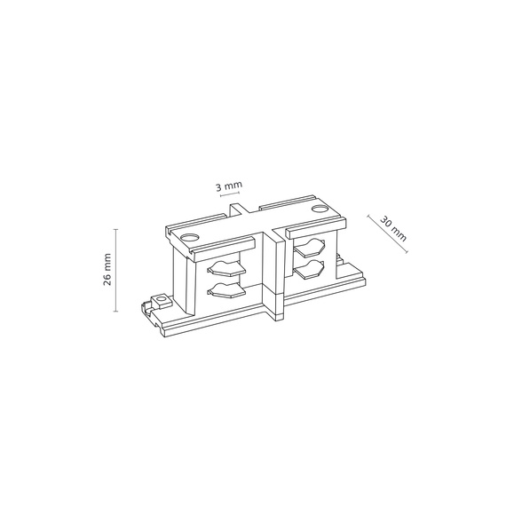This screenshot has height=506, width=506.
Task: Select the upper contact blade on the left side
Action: tap(225, 268)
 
